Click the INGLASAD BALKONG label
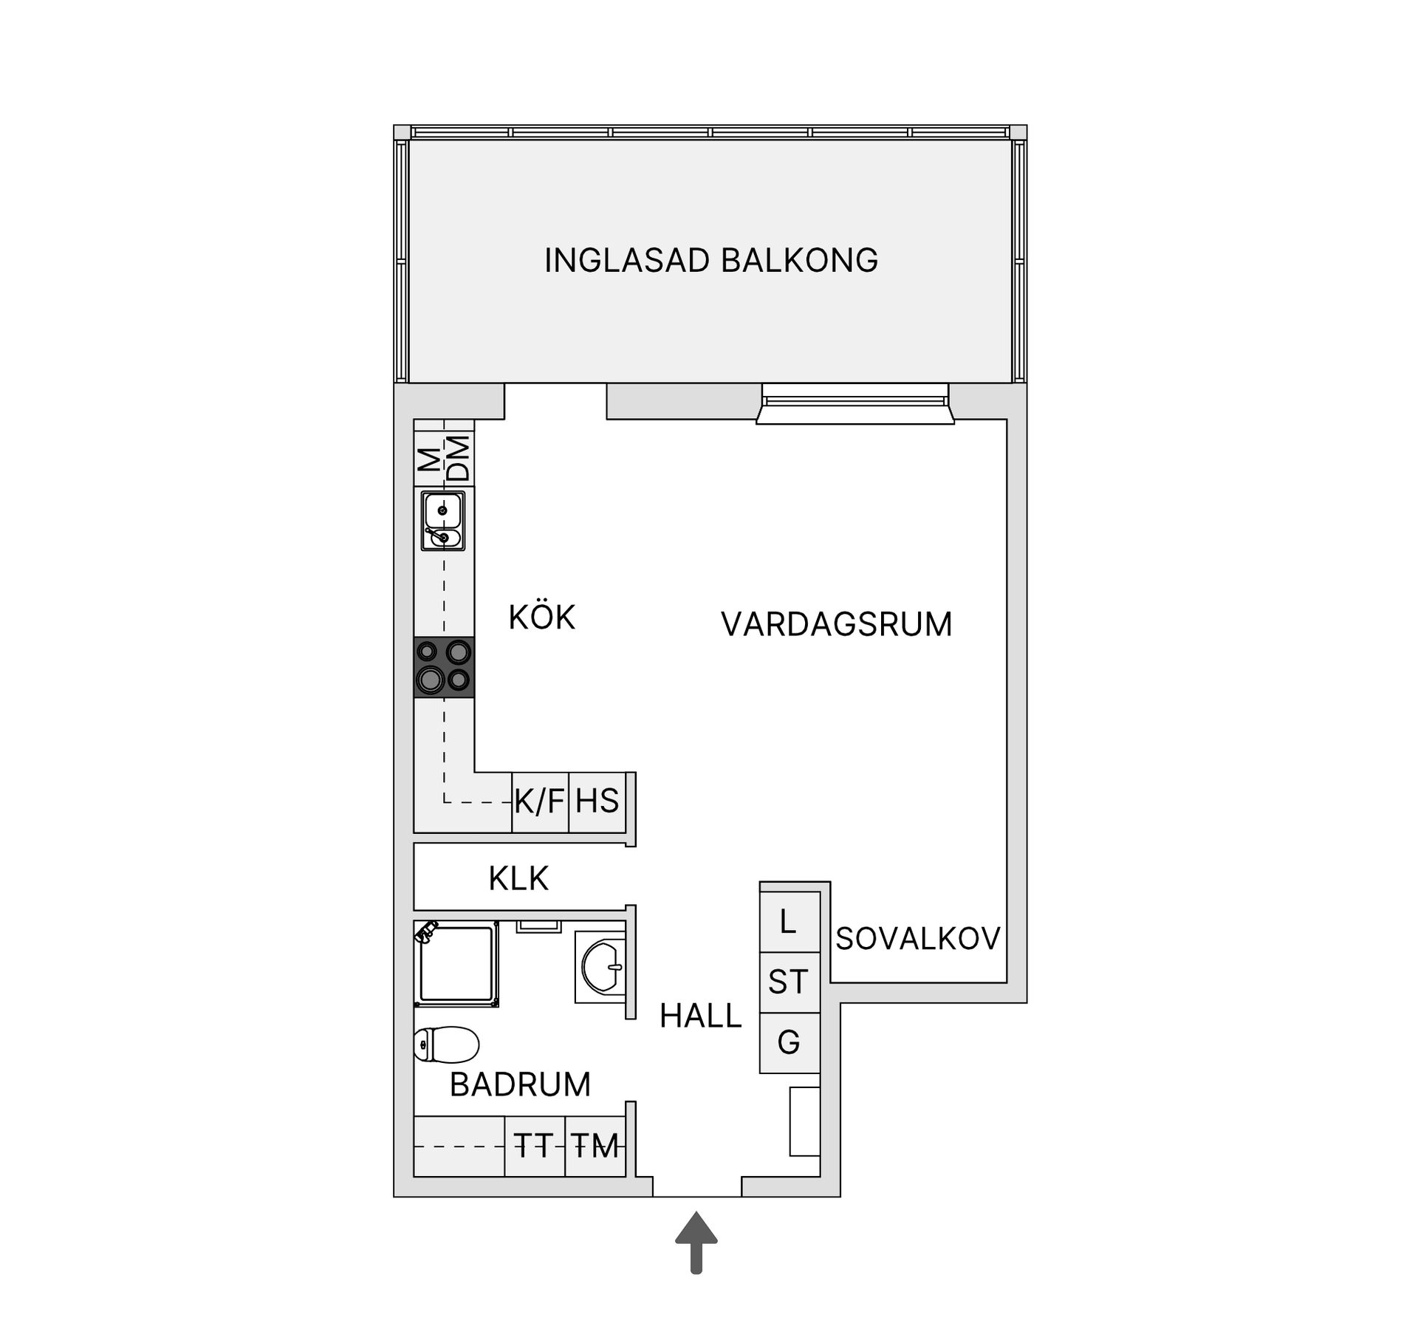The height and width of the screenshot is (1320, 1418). point(710,261)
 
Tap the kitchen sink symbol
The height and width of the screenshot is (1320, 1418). point(443,521)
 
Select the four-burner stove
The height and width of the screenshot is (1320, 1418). point(444,666)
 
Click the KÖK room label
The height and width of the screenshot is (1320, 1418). point(541,618)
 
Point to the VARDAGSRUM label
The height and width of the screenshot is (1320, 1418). point(836,624)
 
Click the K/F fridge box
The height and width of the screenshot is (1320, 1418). point(540,801)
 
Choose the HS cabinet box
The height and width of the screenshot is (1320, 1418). point(597,801)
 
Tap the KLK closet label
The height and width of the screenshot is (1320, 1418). point(518,879)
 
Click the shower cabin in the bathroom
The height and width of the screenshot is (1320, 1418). point(456,963)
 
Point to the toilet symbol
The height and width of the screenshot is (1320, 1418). point(446,1044)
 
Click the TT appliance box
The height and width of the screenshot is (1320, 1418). point(535,1146)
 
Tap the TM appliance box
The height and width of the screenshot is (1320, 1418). point(595,1146)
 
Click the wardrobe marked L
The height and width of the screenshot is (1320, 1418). point(790,922)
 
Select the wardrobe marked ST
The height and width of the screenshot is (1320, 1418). point(790,982)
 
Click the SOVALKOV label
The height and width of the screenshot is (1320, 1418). point(918,939)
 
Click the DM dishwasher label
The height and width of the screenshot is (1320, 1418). point(459,459)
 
